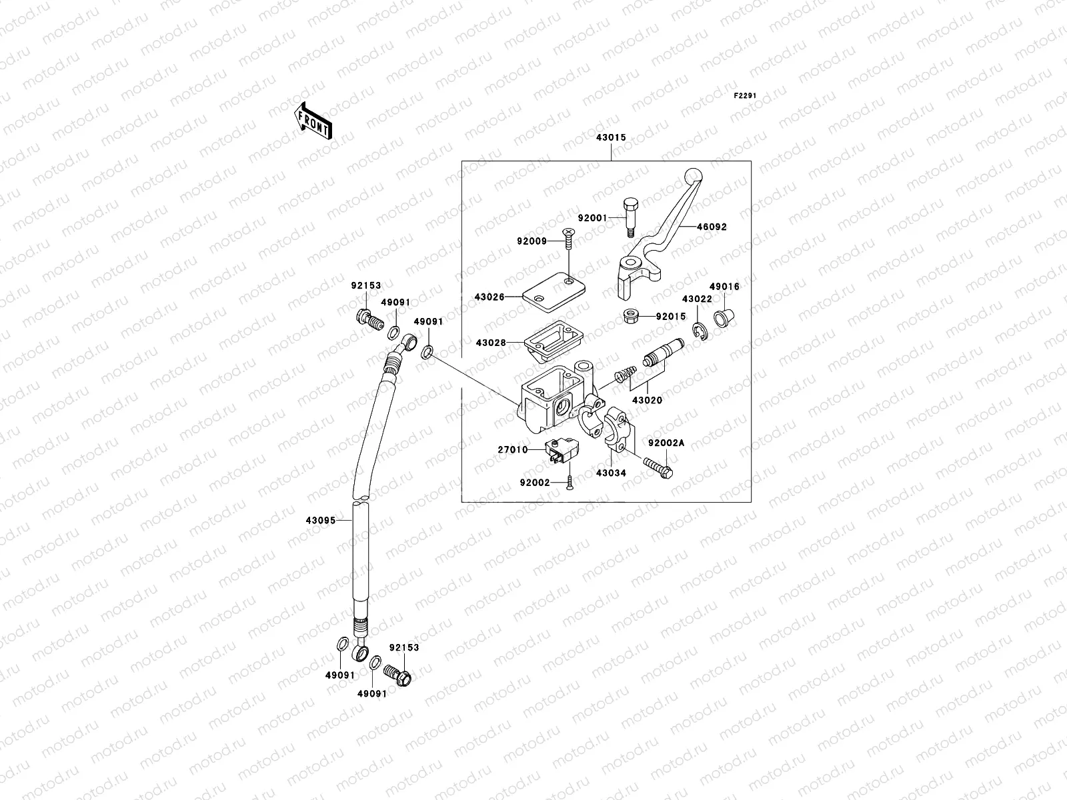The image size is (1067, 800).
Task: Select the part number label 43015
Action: tap(610, 137)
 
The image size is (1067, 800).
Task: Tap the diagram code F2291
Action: tap(746, 96)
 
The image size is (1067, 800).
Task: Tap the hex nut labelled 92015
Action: tap(629, 317)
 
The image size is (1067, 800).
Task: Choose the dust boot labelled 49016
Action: tap(722, 317)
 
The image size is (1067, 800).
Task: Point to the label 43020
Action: tap(647, 401)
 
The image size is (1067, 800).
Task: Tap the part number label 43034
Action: tap(612, 473)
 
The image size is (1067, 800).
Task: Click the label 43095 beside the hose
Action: tap(320, 520)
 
